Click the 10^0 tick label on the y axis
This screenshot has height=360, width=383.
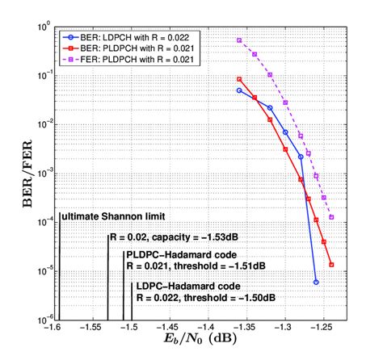click(43, 27)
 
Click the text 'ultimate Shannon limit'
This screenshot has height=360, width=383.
click(114, 217)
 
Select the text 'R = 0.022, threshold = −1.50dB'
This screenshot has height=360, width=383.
click(208, 298)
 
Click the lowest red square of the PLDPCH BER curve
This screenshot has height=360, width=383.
click(331, 264)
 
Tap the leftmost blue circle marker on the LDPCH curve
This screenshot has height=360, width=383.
click(239, 90)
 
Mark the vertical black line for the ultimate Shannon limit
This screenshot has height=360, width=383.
click(61, 266)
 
